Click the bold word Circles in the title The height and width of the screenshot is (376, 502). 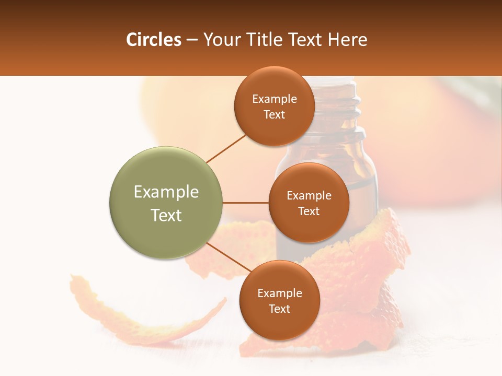(154, 40)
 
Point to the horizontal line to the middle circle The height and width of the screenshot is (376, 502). (246, 203)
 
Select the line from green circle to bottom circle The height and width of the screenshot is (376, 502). (229, 257)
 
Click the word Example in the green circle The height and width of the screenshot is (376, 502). (166, 192)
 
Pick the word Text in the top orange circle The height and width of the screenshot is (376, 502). (275, 115)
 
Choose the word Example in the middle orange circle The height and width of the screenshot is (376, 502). (309, 196)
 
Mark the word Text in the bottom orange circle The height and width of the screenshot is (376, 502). (279, 309)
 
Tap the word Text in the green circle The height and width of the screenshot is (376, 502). (166, 215)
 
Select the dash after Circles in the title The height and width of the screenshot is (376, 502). (192, 40)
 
